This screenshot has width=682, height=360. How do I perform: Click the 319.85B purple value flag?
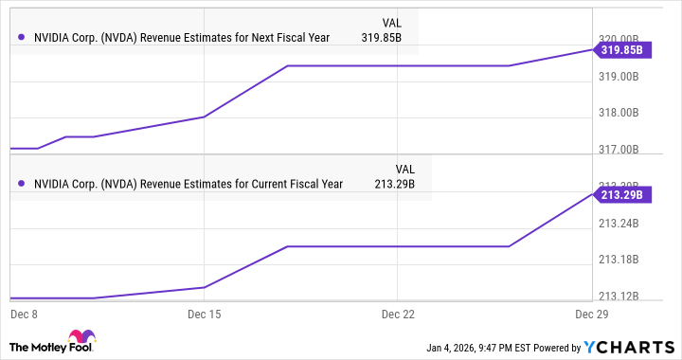(x=621, y=49)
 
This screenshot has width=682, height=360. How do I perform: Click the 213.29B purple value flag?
(x=621, y=194)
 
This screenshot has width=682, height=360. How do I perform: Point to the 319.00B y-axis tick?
(x=621, y=77)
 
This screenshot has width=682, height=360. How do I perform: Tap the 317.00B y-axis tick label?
(x=621, y=150)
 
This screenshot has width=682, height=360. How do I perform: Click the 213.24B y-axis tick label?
(x=621, y=224)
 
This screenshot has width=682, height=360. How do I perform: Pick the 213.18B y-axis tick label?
(x=621, y=260)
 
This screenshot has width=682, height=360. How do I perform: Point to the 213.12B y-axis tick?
(x=621, y=296)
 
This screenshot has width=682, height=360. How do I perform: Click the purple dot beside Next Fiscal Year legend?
(x=21, y=39)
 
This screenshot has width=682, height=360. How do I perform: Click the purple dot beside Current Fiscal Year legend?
(x=21, y=184)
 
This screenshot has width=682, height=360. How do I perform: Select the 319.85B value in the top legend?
(x=382, y=39)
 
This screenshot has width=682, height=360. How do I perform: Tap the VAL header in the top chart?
(x=391, y=21)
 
